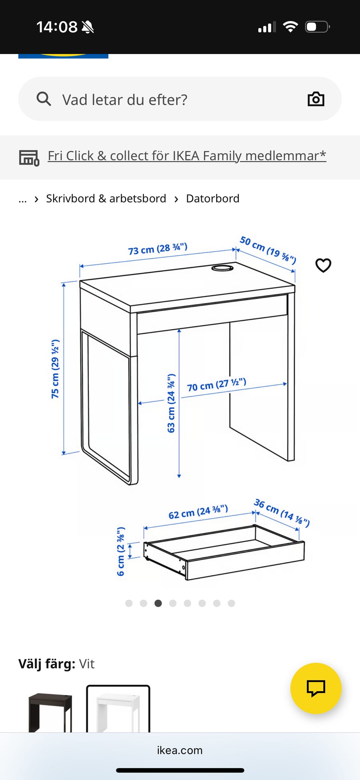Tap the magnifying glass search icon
click(x=44, y=99)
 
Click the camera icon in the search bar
click(x=316, y=99)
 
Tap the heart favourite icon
click(x=323, y=265)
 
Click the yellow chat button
click(x=316, y=688)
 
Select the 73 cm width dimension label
click(x=157, y=249)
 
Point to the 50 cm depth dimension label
click(x=268, y=250)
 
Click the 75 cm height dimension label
click(x=55, y=369)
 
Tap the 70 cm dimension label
click(x=216, y=385)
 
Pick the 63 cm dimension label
click(x=171, y=403)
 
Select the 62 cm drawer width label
click(x=198, y=512)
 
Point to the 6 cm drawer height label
click(x=120, y=551)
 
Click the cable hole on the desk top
click(x=222, y=268)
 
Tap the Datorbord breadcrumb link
click(x=213, y=198)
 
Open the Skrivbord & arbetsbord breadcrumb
click(x=106, y=198)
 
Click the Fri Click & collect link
click(x=187, y=156)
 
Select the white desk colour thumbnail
click(x=118, y=709)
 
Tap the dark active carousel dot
click(x=158, y=603)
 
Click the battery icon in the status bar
click(x=317, y=27)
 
